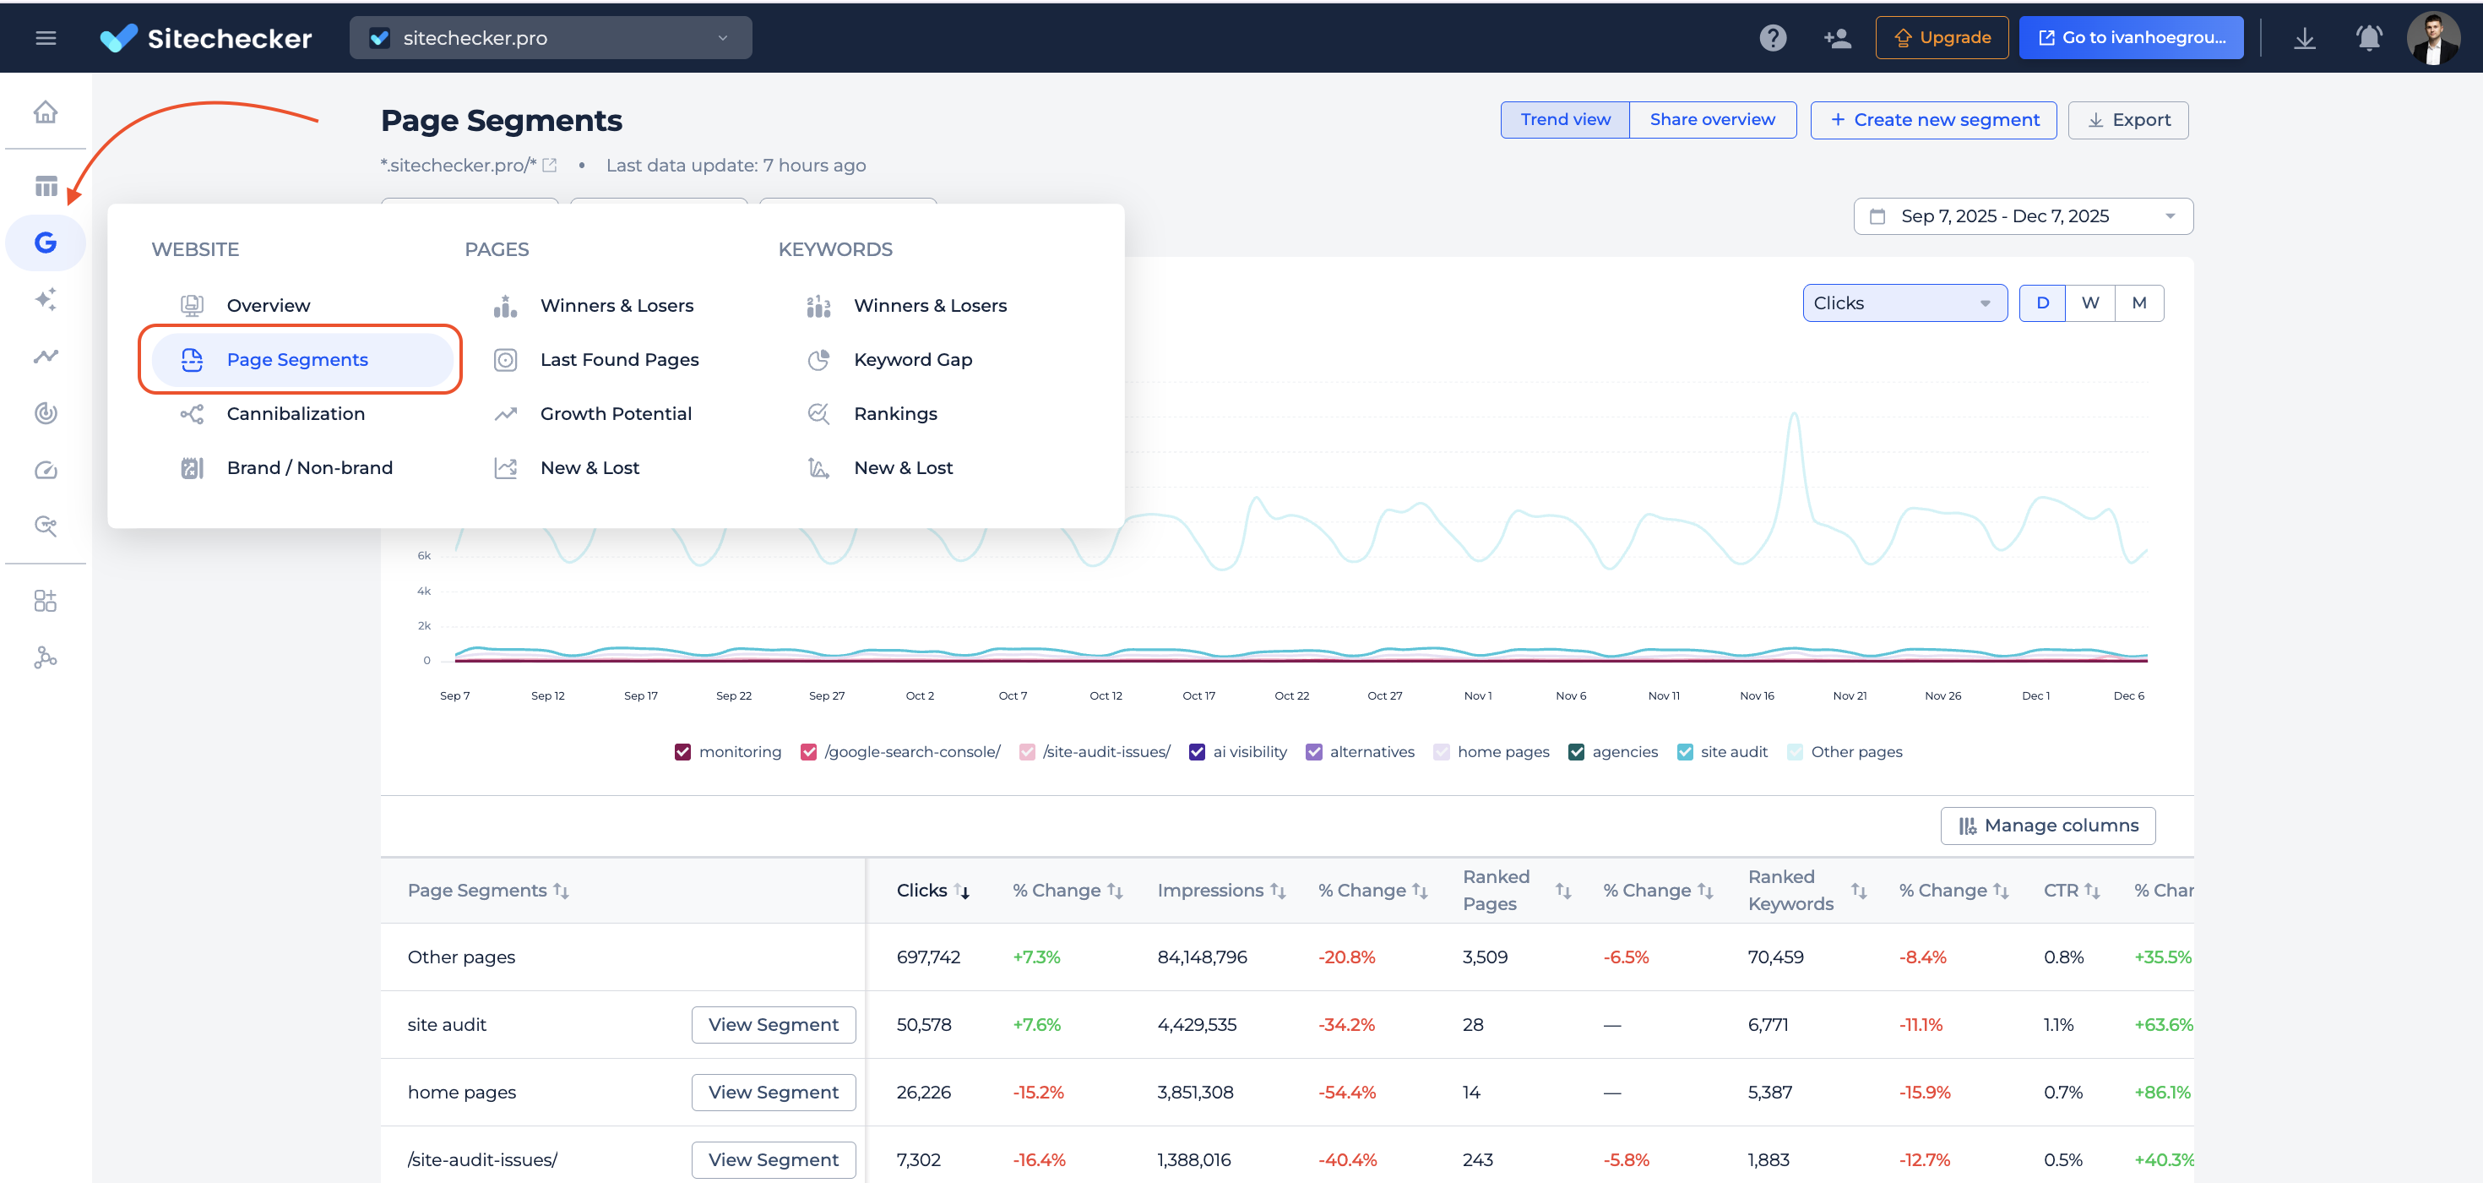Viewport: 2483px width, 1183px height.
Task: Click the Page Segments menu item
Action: click(x=297, y=360)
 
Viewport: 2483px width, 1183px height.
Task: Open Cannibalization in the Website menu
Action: click(x=295, y=413)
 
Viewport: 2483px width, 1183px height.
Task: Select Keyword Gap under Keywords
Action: click(x=912, y=360)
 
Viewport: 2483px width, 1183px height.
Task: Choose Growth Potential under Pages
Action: click(x=615, y=413)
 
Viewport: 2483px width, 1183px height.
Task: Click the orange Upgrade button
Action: click(x=1942, y=37)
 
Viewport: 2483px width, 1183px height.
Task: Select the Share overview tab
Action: click(x=1712, y=119)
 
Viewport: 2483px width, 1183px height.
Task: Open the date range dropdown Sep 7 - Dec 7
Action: click(x=2022, y=216)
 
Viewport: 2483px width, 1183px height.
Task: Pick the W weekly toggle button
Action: click(x=2089, y=303)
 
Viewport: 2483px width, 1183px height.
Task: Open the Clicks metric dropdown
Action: click(x=1904, y=303)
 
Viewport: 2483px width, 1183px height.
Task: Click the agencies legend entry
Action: click(x=1624, y=752)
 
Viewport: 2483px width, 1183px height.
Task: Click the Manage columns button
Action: click(x=2047, y=826)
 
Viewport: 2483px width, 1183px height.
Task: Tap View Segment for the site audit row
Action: click(x=773, y=1025)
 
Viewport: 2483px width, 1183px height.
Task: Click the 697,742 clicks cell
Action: click(x=927, y=957)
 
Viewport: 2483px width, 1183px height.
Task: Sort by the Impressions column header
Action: click(x=1209, y=891)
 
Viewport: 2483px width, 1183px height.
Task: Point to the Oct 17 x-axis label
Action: click(x=1198, y=696)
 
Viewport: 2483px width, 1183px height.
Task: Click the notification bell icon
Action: click(x=2368, y=37)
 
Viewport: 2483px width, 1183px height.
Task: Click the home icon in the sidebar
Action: click(x=46, y=112)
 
